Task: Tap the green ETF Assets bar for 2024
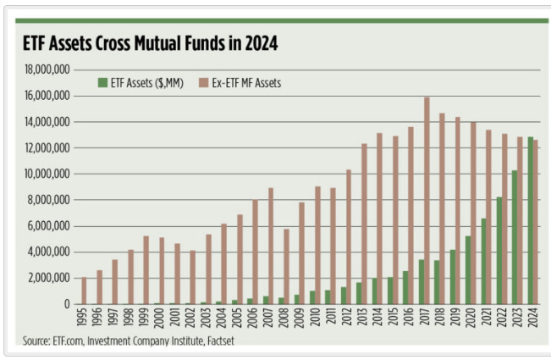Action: (530, 220)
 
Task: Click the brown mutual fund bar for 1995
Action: (83, 291)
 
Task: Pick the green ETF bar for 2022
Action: (499, 250)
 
